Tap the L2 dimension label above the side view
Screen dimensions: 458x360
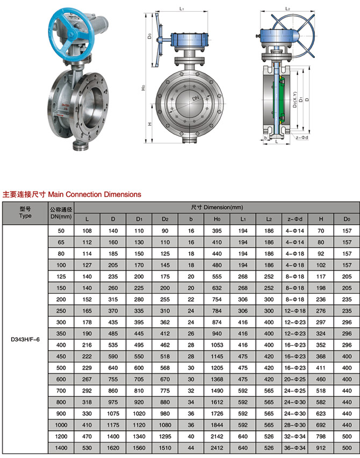(x=287, y=9)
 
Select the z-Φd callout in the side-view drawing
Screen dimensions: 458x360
(x=301, y=138)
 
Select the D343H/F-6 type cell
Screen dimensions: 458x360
(x=25, y=339)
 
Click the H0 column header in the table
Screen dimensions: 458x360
(x=217, y=219)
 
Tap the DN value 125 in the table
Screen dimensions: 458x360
(x=61, y=276)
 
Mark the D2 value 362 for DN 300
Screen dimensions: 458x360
(x=165, y=321)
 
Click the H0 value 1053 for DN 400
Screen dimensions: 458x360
(x=217, y=344)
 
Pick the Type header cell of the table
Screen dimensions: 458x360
(x=25, y=213)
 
